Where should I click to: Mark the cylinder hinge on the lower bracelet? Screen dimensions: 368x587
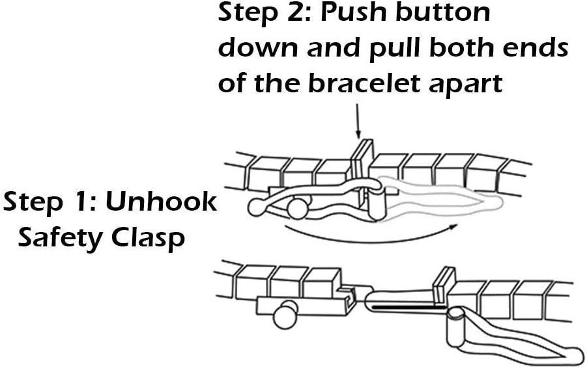coord(456,327)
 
